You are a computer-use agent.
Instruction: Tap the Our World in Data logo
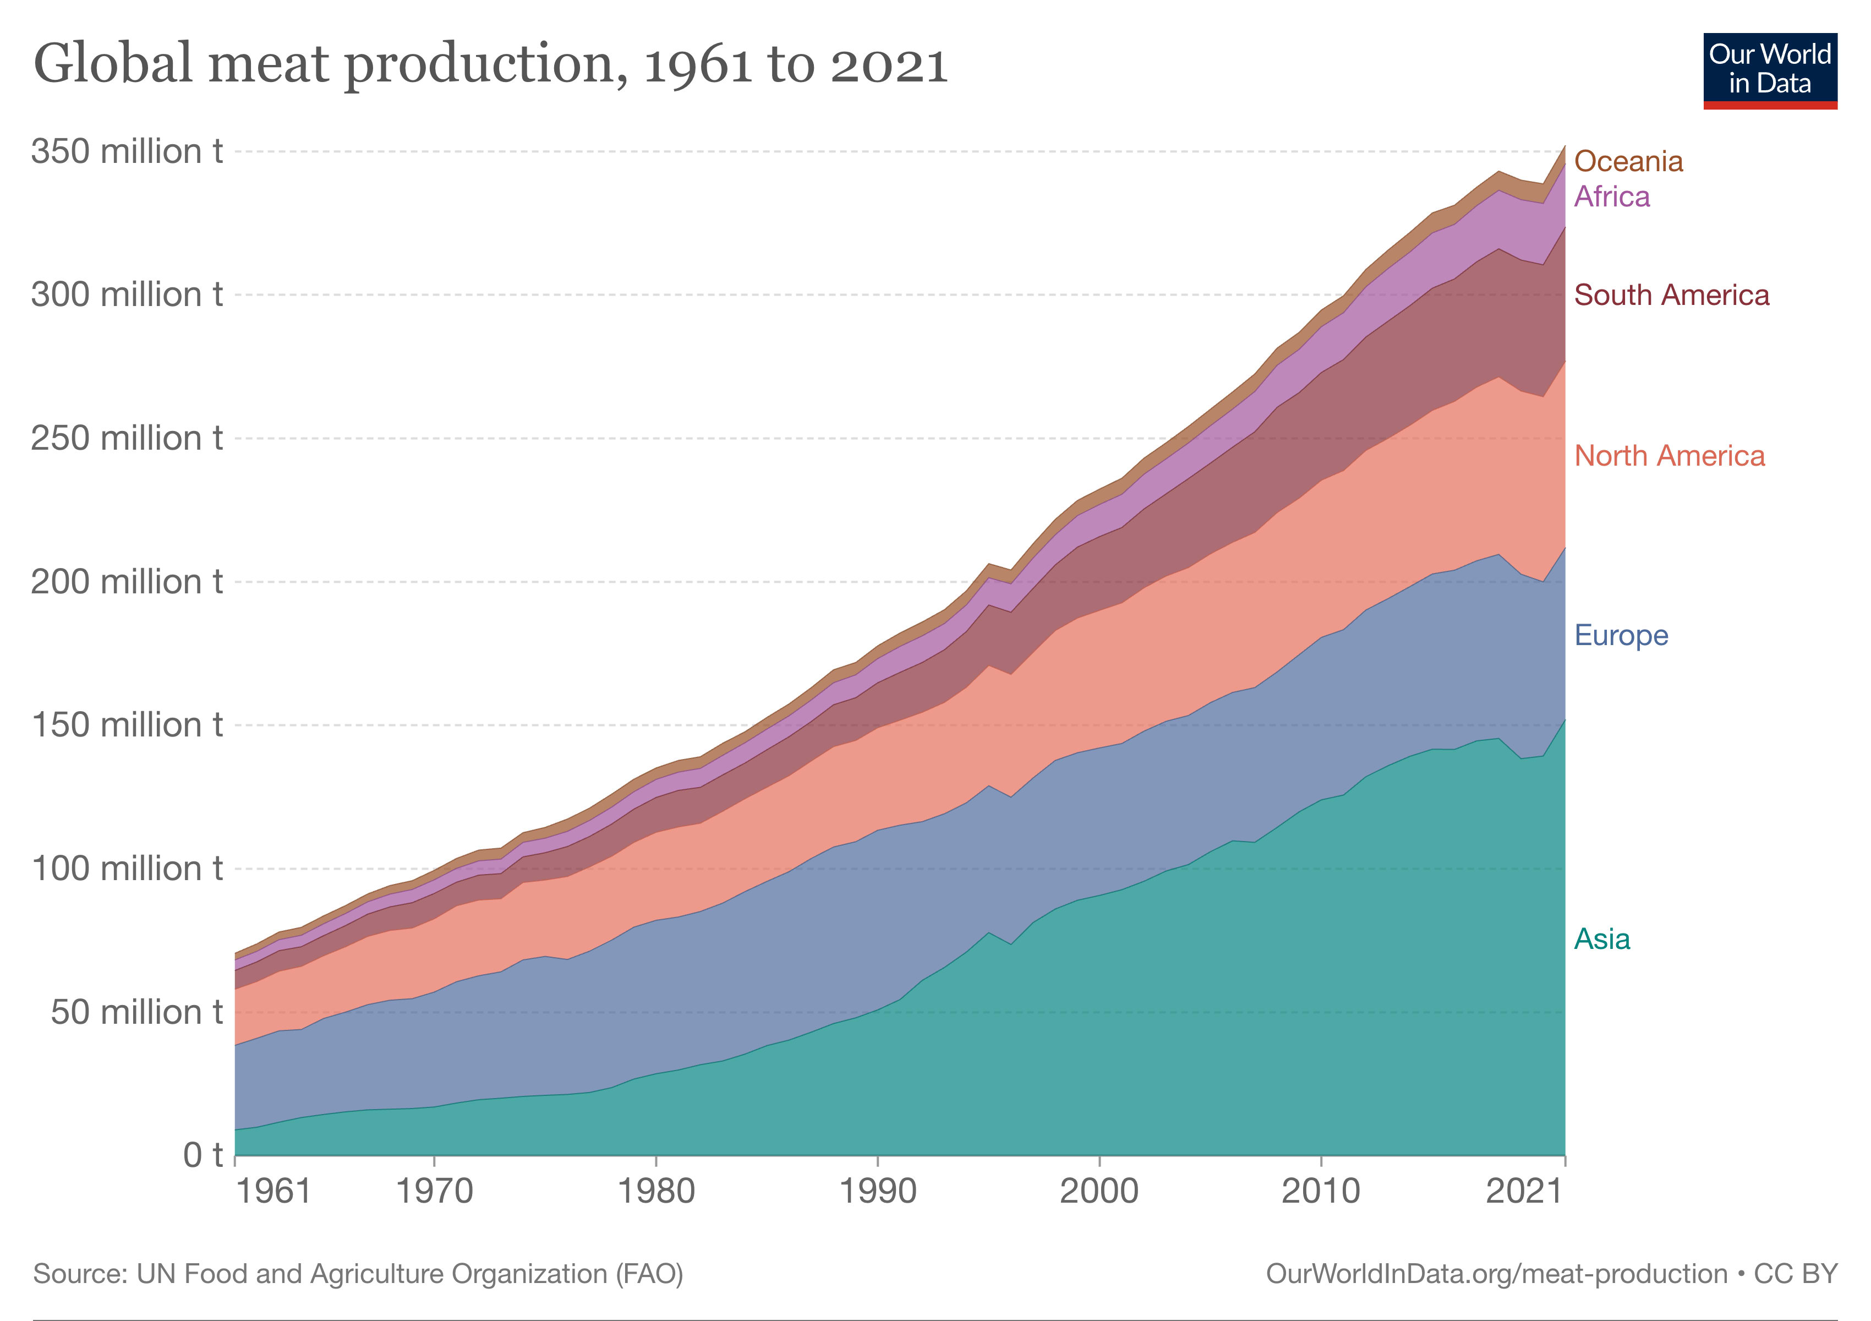(x=1770, y=71)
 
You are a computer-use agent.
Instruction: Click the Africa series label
(x=1611, y=196)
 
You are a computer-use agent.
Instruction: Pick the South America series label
(x=1671, y=295)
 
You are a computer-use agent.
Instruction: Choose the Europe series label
(x=1621, y=635)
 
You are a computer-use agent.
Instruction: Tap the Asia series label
(x=1601, y=939)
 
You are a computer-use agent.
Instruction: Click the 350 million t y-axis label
(x=127, y=151)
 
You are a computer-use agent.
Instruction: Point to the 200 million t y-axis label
(x=127, y=582)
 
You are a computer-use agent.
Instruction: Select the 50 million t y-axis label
(x=136, y=1012)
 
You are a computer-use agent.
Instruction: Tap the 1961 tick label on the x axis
(x=273, y=1192)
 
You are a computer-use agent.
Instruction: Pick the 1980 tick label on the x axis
(x=656, y=1192)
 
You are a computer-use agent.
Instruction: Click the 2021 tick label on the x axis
(x=1524, y=1192)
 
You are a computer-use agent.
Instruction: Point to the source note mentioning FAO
(x=358, y=1274)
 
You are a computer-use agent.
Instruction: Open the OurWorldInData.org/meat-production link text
(x=1496, y=1274)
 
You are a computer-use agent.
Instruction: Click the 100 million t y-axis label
(x=127, y=869)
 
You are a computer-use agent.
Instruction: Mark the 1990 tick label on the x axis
(x=878, y=1192)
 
